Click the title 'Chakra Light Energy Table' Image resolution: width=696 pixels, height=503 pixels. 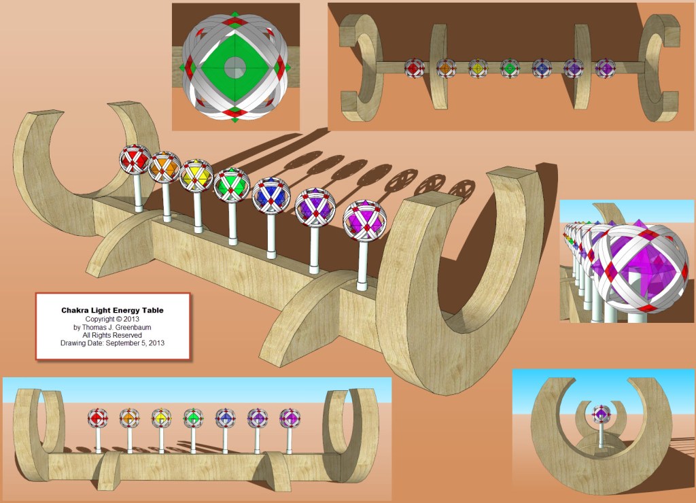(112, 310)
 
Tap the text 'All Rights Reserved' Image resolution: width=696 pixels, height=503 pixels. (112, 335)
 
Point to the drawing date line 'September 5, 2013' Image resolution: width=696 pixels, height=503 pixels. (112, 343)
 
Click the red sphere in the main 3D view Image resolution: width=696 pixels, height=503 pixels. (135, 160)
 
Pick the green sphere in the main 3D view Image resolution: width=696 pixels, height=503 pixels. (232, 184)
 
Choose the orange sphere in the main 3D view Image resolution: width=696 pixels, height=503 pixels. (164, 167)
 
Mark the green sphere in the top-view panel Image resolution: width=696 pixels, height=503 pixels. (510, 67)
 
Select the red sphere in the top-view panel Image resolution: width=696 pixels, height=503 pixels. (415, 67)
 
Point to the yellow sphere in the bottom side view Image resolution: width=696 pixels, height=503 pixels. (161, 417)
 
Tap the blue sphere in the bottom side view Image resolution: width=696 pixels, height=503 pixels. (225, 417)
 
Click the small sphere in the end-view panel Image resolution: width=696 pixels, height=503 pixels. (602, 413)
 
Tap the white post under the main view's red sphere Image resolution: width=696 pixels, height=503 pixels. (138, 193)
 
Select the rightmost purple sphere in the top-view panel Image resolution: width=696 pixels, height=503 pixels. (605, 67)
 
